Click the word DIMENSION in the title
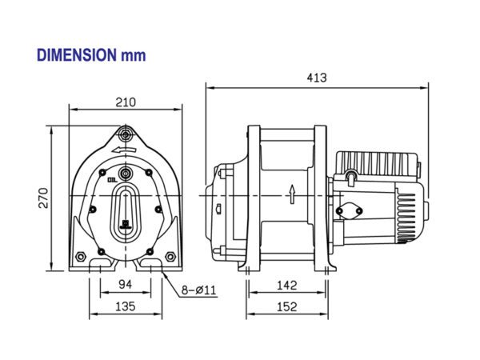(76, 55)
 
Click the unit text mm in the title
(133, 55)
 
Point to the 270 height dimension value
(44, 197)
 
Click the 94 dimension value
(125, 283)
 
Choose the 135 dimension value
(125, 306)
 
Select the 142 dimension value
(287, 283)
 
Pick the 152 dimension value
(287, 306)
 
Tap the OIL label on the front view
(112, 181)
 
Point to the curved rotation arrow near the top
(125, 150)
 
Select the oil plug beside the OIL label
(125, 173)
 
